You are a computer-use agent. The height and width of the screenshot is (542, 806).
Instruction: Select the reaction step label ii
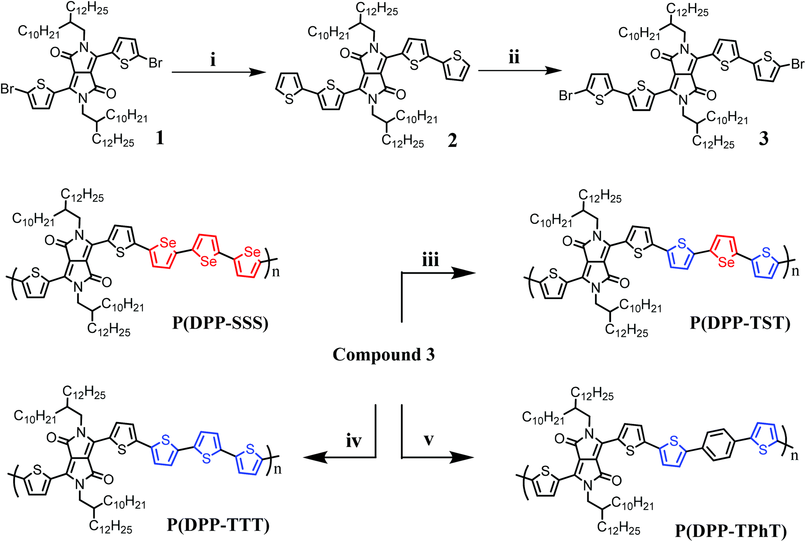tap(514, 57)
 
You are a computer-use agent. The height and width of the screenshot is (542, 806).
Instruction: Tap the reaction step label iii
tap(430, 260)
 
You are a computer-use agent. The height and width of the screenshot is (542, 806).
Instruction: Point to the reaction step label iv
tap(354, 441)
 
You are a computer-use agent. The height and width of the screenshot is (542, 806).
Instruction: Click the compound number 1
tap(159, 138)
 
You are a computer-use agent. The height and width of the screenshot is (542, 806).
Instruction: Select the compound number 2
tap(452, 140)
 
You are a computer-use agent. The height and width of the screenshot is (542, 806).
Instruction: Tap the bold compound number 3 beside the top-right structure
tap(763, 138)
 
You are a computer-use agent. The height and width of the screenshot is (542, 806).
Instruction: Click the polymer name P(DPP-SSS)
tap(220, 323)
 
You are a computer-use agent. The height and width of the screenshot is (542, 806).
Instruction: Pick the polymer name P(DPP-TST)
tap(740, 323)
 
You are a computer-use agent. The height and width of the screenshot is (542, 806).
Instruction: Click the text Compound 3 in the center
tap(383, 354)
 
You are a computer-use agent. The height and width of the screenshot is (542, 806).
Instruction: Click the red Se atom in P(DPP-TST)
tap(726, 262)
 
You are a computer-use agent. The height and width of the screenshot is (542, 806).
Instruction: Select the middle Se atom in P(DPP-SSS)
tap(208, 261)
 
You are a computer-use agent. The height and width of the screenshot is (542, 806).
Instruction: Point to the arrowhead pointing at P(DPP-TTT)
tap(313, 458)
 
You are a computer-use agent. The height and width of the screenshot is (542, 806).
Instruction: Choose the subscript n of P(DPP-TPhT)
tap(794, 456)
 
